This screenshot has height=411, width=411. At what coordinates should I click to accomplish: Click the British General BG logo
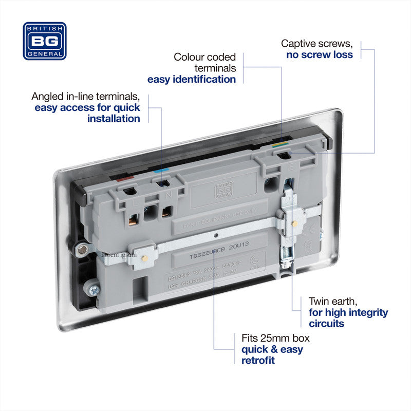coord(45,41)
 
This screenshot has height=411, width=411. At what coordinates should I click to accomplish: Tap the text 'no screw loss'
coord(320,54)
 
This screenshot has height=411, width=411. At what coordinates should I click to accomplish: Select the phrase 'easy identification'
coord(192,79)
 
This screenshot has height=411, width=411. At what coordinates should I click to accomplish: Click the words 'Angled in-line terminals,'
coord(85,97)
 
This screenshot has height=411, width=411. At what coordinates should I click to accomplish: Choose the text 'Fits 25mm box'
coord(275,339)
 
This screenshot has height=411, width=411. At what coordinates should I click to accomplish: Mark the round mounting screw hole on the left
coord(81,250)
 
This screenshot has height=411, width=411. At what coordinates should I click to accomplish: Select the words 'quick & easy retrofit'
coord(272,354)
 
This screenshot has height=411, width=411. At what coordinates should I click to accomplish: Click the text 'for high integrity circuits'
coord(348,318)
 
